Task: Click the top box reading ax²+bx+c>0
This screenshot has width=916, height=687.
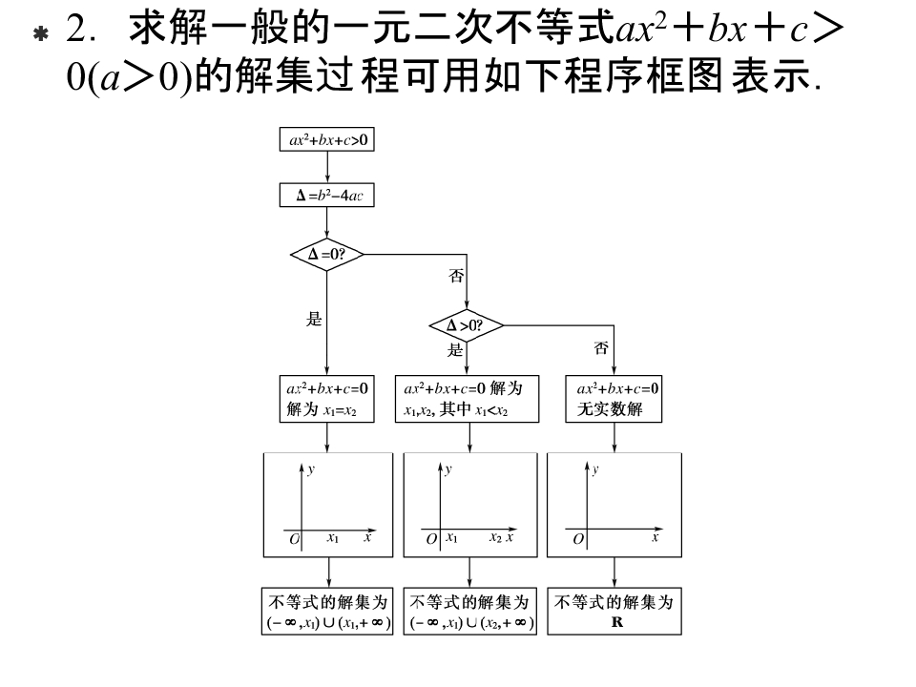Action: (x=327, y=140)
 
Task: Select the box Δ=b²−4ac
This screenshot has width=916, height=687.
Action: (x=327, y=196)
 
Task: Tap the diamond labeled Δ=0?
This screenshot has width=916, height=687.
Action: (x=327, y=256)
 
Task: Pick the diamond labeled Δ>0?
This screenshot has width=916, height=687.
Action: (x=466, y=326)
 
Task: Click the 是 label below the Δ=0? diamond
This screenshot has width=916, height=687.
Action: (x=314, y=320)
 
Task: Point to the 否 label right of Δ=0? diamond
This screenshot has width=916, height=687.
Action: (x=456, y=277)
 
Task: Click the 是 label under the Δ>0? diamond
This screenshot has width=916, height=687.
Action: (x=456, y=350)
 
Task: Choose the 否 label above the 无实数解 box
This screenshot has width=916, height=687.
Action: (x=601, y=349)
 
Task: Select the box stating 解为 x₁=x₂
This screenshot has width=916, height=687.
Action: (x=327, y=400)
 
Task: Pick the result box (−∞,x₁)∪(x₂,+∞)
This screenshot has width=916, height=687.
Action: (x=471, y=613)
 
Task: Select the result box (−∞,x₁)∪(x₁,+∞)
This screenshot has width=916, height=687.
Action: (x=327, y=613)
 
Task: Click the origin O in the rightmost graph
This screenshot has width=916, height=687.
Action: (x=577, y=540)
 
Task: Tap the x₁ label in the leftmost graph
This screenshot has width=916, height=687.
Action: (x=332, y=538)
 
